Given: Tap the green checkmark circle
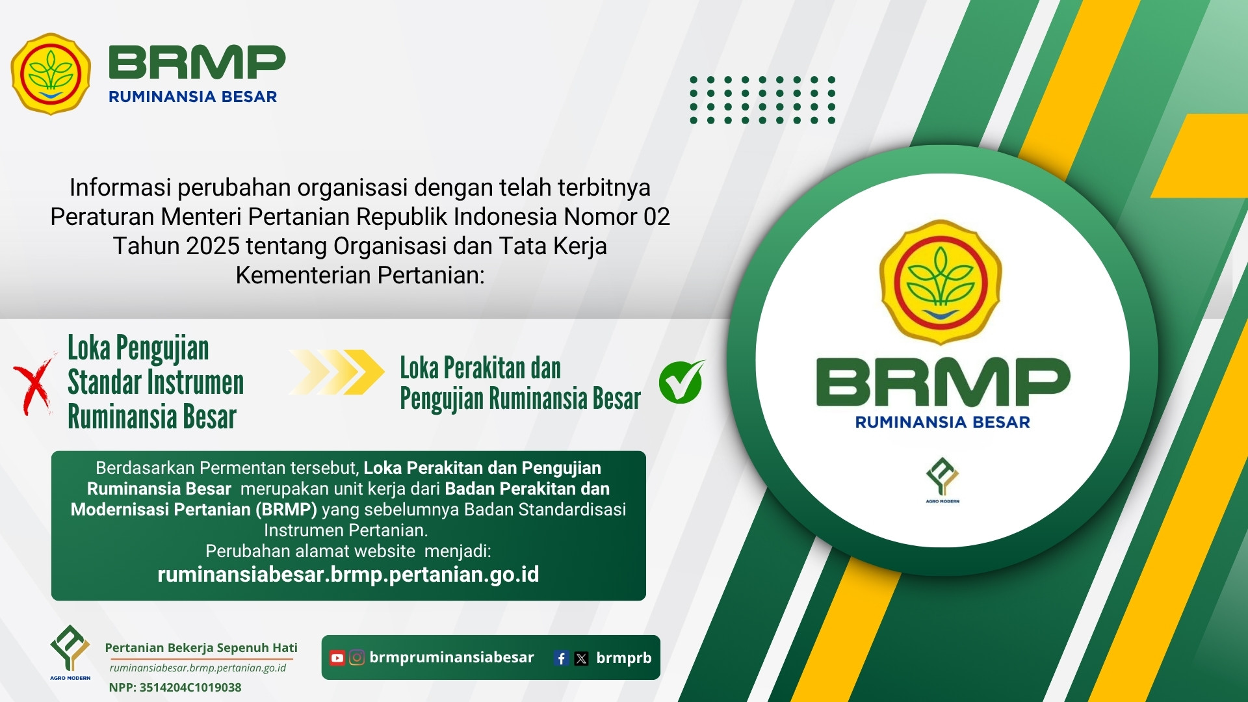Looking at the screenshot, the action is coord(681,382).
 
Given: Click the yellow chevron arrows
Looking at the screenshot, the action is coord(337,372).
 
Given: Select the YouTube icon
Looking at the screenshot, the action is coord(337,658).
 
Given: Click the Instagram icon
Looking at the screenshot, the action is coord(357,658).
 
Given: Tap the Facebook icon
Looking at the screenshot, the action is coord(562,658).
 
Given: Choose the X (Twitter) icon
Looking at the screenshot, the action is coord(582,658).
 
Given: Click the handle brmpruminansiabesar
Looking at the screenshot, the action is coord(452,658).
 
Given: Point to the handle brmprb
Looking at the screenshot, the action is coord(624,658).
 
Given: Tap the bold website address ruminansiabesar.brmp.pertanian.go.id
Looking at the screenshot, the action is coord(348,575).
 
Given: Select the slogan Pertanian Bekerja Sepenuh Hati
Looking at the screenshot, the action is coord(201,648).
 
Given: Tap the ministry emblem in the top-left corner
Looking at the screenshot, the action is coord(51,74).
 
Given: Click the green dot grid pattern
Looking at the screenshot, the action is coord(762,100).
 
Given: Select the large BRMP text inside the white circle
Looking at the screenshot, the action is coord(943,382).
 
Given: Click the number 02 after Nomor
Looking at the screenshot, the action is coord(656,217).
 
